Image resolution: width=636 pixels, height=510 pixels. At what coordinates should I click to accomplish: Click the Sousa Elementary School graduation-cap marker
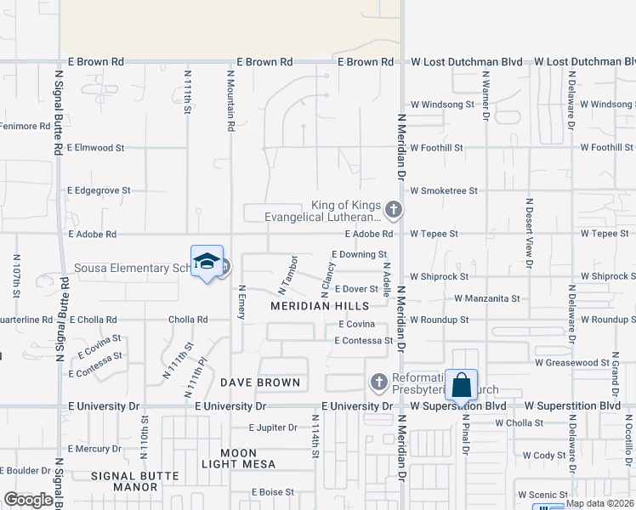click(x=207, y=263)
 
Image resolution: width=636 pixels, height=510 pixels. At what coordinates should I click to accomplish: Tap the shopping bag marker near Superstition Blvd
click(x=461, y=385)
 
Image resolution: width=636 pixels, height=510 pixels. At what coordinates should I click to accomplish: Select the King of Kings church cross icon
click(x=393, y=208)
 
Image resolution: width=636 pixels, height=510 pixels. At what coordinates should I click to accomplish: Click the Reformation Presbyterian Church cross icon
click(x=380, y=382)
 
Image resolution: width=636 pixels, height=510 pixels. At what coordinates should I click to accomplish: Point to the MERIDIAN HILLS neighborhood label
click(x=320, y=305)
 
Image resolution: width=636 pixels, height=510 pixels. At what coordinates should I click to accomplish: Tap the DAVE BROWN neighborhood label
click(x=260, y=382)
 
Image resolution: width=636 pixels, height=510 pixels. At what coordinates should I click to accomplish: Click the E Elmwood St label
click(x=95, y=148)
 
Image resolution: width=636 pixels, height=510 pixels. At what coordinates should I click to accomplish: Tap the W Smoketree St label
click(x=444, y=191)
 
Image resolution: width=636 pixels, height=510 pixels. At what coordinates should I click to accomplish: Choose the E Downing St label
click(x=360, y=254)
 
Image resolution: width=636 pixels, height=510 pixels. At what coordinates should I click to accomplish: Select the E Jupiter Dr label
click(x=273, y=428)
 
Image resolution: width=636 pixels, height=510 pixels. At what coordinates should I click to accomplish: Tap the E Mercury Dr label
click(x=94, y=449)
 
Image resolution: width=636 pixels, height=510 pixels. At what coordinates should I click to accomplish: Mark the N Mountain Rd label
click(x=230, y=100)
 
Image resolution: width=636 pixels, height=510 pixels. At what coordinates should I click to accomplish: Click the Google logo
click(x=28, y=500)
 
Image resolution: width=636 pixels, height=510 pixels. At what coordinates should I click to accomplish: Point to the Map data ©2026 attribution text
click(x=600, y=503)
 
